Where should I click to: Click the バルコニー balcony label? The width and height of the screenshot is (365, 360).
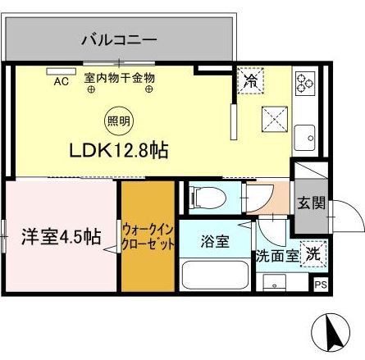pos(119,40)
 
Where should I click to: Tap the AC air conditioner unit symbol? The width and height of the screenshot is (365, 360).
pos(61,71)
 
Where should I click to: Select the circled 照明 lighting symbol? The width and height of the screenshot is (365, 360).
pos(118,121)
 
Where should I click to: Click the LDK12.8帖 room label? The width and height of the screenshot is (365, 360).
pos(119,150)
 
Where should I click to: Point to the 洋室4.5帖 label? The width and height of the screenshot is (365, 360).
pos(62,236)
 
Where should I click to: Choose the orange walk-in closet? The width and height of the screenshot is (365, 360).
pos(148,236)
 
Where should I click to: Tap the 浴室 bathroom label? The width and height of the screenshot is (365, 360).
pos(215,242)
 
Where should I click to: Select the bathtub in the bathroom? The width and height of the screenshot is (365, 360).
pos(215,276)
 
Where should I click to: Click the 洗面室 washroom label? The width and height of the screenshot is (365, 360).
pos(277,257)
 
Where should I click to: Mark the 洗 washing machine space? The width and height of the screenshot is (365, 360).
pos(313,254)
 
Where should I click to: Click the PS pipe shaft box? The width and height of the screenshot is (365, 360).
pos(321,285)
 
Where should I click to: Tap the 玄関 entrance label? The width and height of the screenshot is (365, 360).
pos(312,203)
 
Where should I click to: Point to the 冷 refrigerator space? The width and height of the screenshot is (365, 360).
pos(251,80)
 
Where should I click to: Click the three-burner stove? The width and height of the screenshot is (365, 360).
pos(305,83)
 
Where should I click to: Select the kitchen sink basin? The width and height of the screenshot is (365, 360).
pos(305,138)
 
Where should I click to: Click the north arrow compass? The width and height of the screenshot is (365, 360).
pos(331,332)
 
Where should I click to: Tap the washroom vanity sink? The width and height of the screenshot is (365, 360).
pos(274,283)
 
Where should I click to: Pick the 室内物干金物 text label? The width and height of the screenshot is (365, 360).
pos(120,78)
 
